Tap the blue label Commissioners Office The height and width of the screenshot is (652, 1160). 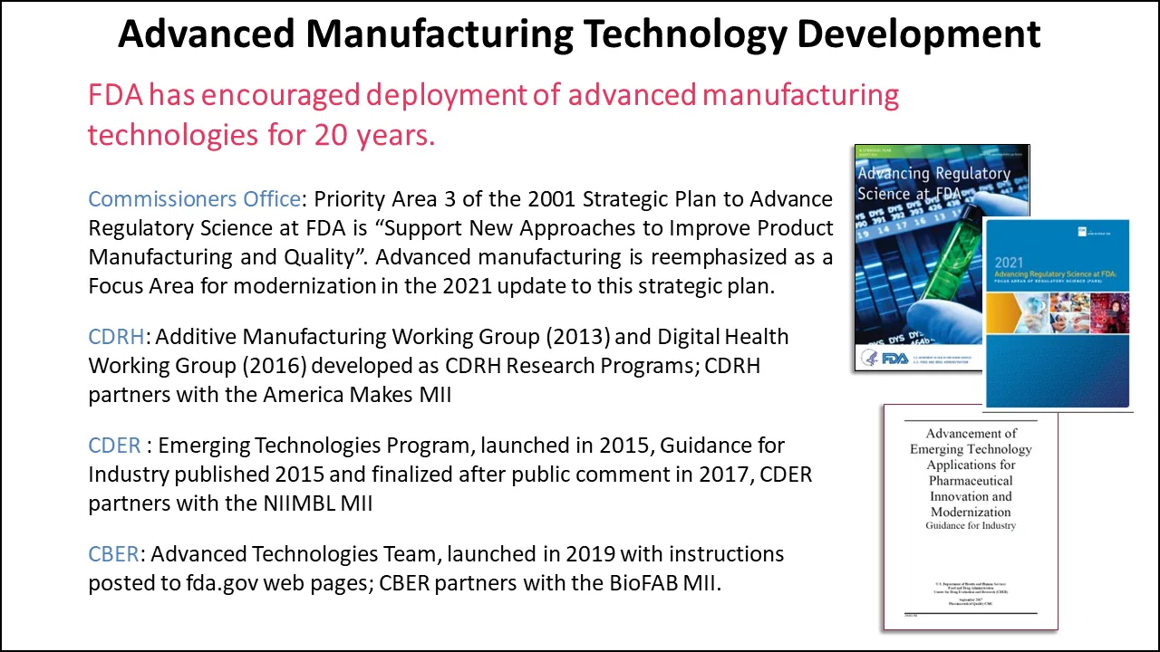(x=194, y=199)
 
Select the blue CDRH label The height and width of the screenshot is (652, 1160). (x=116, y=337)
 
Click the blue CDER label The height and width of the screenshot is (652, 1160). (x=114, y=446)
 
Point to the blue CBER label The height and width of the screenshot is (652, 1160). (x=115, y=553)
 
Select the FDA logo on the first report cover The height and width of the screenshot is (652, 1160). (x=884, y=358)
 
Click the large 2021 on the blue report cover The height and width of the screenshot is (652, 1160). (x=1009, y=263)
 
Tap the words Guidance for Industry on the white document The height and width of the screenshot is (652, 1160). (x=971, y=526)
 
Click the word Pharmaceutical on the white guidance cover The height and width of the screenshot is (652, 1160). (x=971, y=481)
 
